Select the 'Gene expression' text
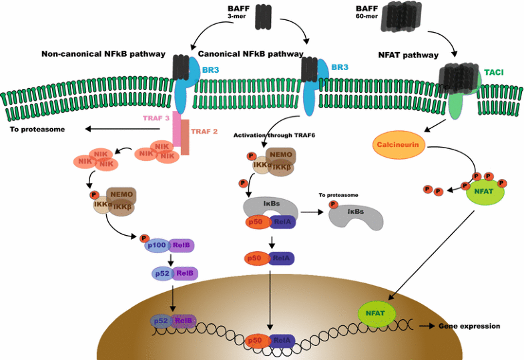click(469, 326)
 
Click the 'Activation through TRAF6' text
click(274, 135)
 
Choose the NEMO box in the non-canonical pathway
click(122, 194)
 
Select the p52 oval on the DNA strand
click(160, 321)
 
